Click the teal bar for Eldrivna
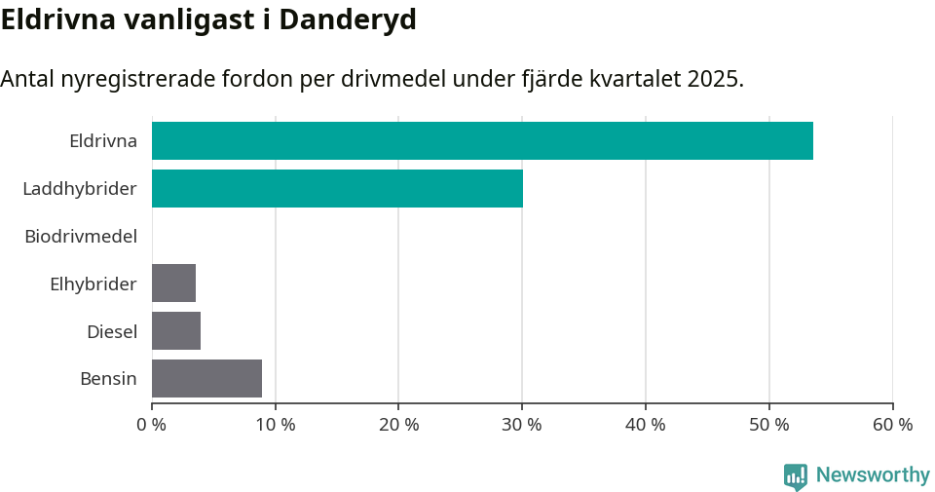coord(482,140)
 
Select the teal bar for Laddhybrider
coord(337,188)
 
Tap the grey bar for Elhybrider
coord(173,283)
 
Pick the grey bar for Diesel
coord(176,330)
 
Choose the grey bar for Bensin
coord(206,378)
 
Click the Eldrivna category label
coord(103,140)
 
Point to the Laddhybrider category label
coord(80,188)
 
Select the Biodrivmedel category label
coord(81,236)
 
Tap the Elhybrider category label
coord(93,284)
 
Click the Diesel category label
coord(112,331)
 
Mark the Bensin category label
coord(108,378)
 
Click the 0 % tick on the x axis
coord(152,425)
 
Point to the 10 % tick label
coord(275,425)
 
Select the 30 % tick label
coord(522,425)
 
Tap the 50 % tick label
coord(769,425)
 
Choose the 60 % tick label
coord(892,425)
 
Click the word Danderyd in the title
coord(348,19)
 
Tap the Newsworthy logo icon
coord(796,476)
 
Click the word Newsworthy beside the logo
coord(873,475)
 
